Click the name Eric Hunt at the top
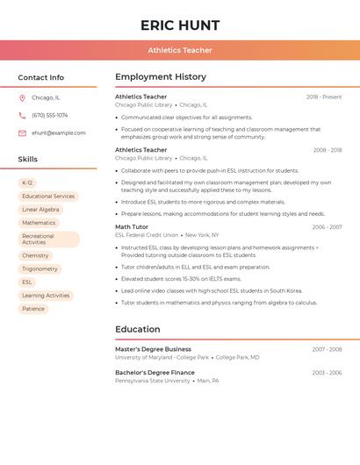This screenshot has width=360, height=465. click(180, 25)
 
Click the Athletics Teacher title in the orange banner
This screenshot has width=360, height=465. click(180, 50)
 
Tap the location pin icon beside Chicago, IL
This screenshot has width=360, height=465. click(22, 97)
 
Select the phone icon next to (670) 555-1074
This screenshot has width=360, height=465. click(22, 115)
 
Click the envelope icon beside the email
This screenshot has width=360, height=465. click(22, 133)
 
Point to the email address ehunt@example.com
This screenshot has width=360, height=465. click(58, 133)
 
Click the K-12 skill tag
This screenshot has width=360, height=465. click(28, 183)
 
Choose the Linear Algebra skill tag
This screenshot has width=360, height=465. click(40, 210)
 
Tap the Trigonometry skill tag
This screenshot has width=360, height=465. click(40, 269)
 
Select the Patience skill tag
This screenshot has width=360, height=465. click(33, 309)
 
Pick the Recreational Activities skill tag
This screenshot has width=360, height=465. click(49, 239)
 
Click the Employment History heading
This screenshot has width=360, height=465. click(161, 77)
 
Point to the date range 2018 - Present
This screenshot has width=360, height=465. click(324, 97)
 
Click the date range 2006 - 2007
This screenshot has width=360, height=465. click(327, 226)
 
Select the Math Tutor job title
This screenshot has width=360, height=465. click(132, 226)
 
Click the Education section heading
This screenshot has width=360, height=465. click(137, 329)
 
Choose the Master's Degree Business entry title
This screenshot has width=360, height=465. click(153, 349)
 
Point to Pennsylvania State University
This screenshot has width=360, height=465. click(152, 381)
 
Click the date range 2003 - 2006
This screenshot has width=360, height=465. click(327, 372)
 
